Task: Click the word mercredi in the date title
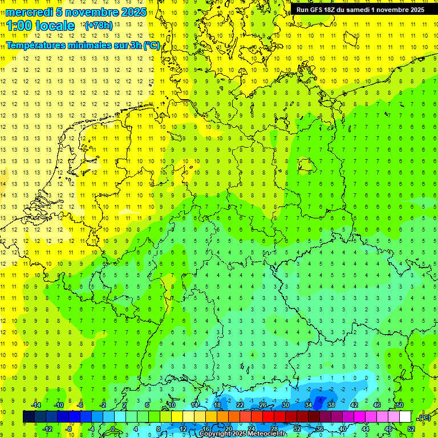(29, 12)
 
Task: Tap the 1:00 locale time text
(40, 26)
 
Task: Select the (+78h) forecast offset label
(99, 26)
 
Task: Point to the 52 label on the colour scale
(411, 429)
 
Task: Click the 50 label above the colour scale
(400, 405)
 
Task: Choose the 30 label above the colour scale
(286, 405)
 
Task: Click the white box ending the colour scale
(405, 417)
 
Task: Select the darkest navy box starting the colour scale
(29, 417)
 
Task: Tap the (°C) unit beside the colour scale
(424, 417)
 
